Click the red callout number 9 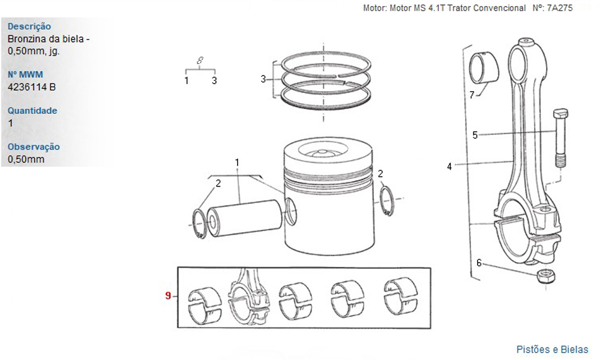168,295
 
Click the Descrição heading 29,26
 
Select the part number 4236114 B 32,87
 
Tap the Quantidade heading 32,110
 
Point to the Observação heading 34,147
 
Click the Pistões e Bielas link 552,349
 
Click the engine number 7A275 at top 560,8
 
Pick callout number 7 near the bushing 472,94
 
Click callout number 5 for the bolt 475,135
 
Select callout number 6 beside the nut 479,263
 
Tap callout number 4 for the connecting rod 449,166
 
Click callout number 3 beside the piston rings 263,79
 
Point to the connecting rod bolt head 560,113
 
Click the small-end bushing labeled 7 483,68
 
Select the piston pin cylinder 244,218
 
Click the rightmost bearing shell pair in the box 401,297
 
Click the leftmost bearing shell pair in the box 205,305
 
